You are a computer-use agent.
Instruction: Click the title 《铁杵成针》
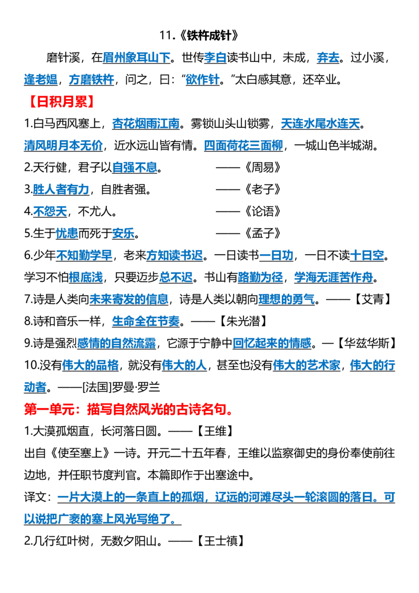209,36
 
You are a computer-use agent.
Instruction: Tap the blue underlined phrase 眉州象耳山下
137,58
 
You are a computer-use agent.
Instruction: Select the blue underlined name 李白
215,58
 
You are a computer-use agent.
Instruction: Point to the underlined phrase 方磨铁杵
92,80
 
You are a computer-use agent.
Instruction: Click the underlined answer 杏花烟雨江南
146,123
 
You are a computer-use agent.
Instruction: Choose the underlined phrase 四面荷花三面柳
244,145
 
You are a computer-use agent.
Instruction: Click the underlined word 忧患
67,233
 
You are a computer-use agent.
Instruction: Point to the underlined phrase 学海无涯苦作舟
334,277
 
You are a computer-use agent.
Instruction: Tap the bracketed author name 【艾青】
373,299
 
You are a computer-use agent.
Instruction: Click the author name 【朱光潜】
244,321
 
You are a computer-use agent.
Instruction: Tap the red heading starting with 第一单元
128,409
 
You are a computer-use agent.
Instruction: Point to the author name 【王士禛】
220,541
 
